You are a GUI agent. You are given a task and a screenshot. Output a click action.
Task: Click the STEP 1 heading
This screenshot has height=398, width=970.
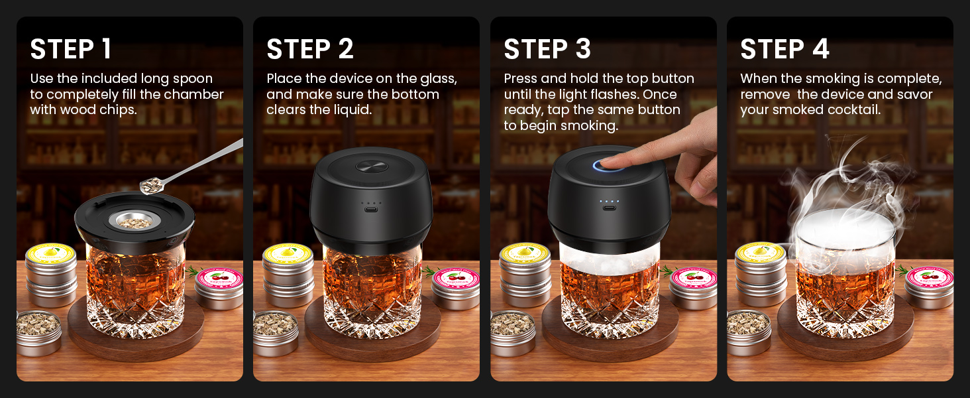(x=71, y=50)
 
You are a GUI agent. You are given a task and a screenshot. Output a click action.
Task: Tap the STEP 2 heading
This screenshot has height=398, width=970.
(x=310, y=50)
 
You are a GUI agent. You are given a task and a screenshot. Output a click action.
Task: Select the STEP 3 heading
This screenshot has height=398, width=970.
(x=547, y=50)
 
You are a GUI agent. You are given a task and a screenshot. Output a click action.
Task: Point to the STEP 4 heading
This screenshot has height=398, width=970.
(x=784, y=50)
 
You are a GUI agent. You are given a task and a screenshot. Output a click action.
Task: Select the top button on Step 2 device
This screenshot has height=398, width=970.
(x=370, y=166)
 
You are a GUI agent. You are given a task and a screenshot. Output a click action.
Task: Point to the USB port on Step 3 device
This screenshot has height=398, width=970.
(x=608, y=208)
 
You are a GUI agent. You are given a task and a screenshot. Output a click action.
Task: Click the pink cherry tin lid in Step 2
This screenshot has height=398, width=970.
(x=457, y=278)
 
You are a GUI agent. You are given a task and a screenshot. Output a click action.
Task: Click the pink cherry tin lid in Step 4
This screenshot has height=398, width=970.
(x=929, y=277)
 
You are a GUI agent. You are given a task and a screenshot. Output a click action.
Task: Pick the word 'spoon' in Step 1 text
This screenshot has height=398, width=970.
(x=192, y=79)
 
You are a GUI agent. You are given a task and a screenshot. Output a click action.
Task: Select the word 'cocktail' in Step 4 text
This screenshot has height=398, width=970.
(x=854, y=109)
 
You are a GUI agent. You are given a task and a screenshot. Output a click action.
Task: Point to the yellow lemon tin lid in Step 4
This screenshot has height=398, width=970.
(x=761, y=253)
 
